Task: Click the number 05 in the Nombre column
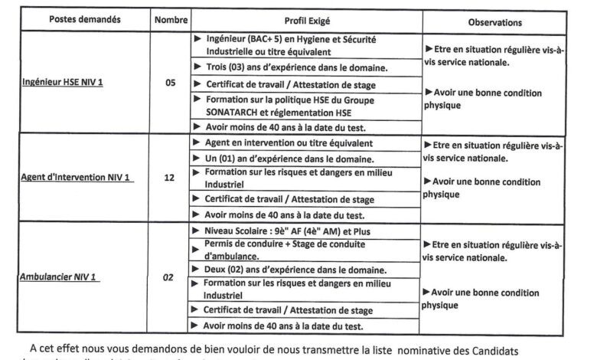click(170, 84)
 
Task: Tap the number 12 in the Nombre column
click(169, 178)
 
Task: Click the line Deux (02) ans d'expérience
click(295, 270)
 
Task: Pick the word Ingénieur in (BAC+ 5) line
click(231, 38)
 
